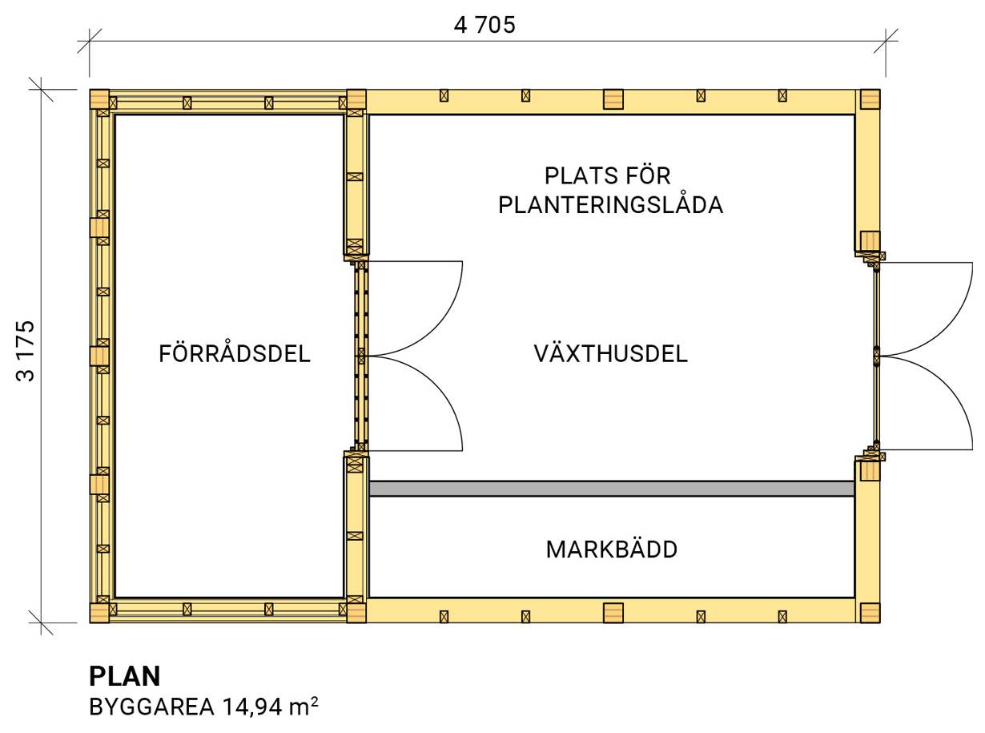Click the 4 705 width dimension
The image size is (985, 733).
click(x=484, y=25)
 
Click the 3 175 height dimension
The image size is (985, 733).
click(x=26, y=352)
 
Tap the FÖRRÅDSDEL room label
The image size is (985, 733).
click(x=234, y=353)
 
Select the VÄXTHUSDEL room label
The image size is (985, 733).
click(x=610, y=353)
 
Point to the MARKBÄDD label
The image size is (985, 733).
click(x=611, y=550)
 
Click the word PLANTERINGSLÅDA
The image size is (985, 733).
click(x=610, y=205)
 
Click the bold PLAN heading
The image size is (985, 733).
click(x=124, y=676)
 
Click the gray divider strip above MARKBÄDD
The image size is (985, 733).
click(x=611, y=489)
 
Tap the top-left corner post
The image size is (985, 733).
click(x=99, y=99)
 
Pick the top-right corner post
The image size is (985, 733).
click(x=870, y=99)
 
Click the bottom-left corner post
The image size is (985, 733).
click(x=99, y=613)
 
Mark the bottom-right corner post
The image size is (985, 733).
click(x=870, y=613)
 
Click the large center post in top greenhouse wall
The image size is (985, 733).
click(x=613, y=99)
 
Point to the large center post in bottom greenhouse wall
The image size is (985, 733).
click(x=613, y=613)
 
